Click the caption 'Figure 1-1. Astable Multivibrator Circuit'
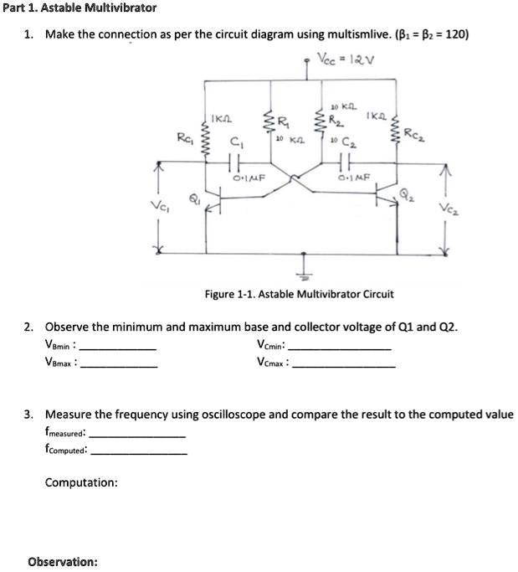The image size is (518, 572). (x=299, y=294)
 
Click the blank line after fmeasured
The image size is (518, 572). (x=137, y=435)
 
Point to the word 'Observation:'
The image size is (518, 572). (x=63, y=561)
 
